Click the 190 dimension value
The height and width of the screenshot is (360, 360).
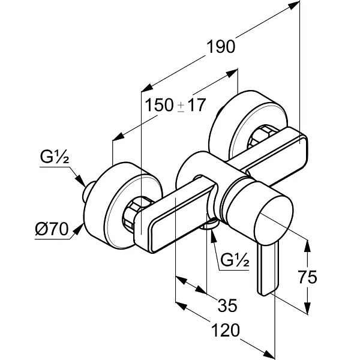(221, 47)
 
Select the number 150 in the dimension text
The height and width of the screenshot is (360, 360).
(160, 105)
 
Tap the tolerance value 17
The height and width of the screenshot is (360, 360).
(196, 105)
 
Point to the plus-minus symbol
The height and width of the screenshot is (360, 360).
(181, 107)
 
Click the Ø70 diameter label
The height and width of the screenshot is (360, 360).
(52, 229)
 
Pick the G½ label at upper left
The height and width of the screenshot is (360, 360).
(55, 157)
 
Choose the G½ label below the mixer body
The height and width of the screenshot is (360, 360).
(235, 260)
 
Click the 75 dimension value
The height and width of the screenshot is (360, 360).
(307, 277)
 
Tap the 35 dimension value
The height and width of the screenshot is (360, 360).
(227, 305)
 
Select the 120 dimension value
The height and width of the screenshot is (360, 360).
(225, 330)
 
